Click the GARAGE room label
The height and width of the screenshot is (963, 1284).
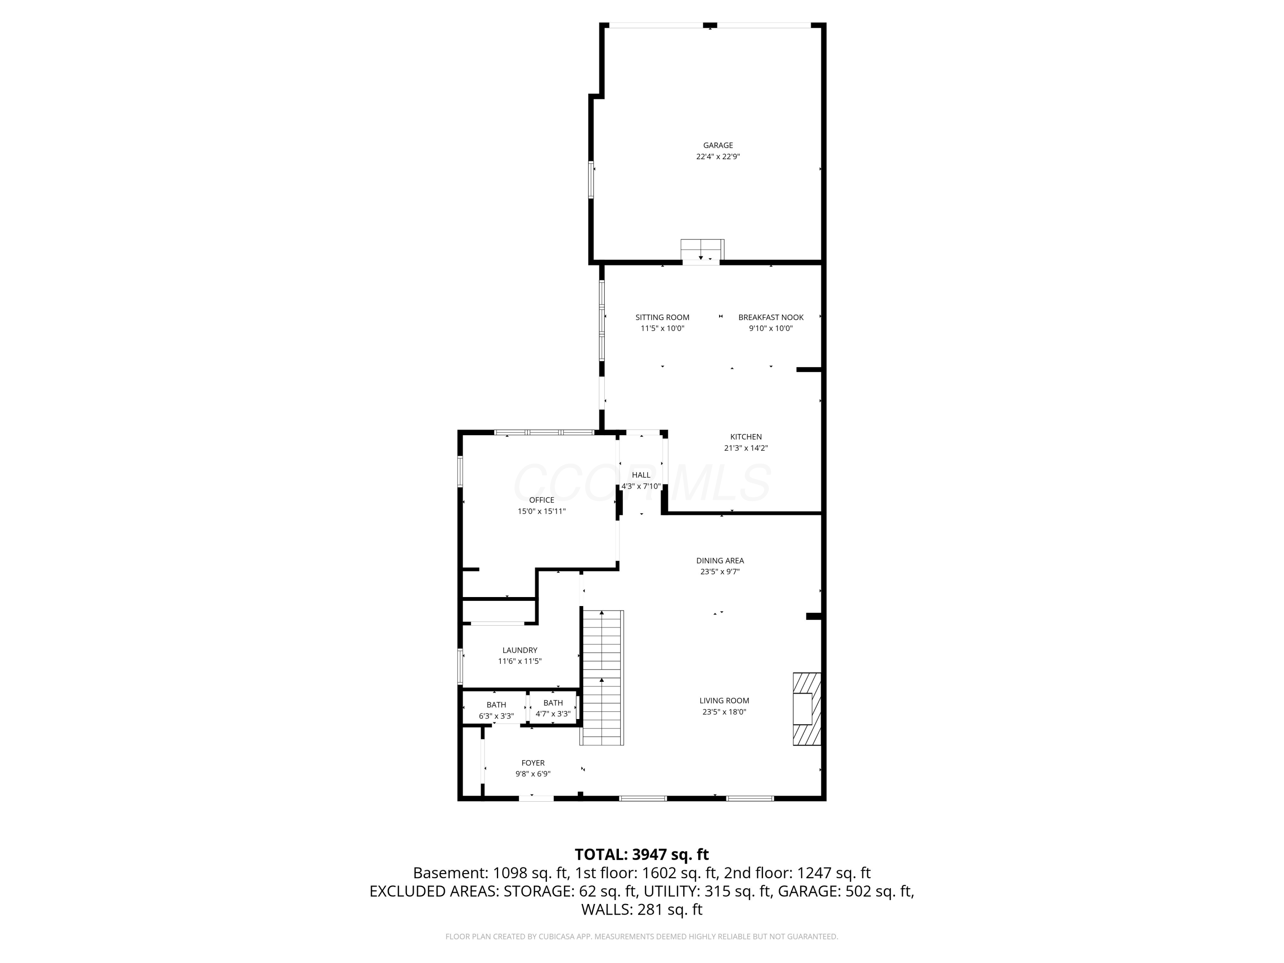tap(718, 145)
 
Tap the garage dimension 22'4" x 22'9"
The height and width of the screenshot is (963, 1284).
tap(718, 157)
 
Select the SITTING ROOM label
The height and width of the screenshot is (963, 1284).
tap(662, 318)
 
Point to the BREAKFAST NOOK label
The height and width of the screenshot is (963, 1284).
tap(771, 318)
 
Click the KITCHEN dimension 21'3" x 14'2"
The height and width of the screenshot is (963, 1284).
tap(746, 448)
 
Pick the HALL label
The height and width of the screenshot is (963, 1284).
tap(641, 475)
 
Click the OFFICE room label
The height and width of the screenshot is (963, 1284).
tap(541, 500)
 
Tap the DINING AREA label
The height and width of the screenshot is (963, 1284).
tap(720, 561)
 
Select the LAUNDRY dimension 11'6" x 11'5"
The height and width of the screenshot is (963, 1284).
tap(520, 661)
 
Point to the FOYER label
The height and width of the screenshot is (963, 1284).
tap(533, 763)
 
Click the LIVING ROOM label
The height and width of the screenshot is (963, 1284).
tap(724, 701)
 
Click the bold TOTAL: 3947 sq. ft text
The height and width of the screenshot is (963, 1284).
tap(642, 854)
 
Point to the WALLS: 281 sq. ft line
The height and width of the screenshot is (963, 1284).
tap(642, 909)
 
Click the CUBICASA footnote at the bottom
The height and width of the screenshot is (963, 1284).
tap(642, 937)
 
